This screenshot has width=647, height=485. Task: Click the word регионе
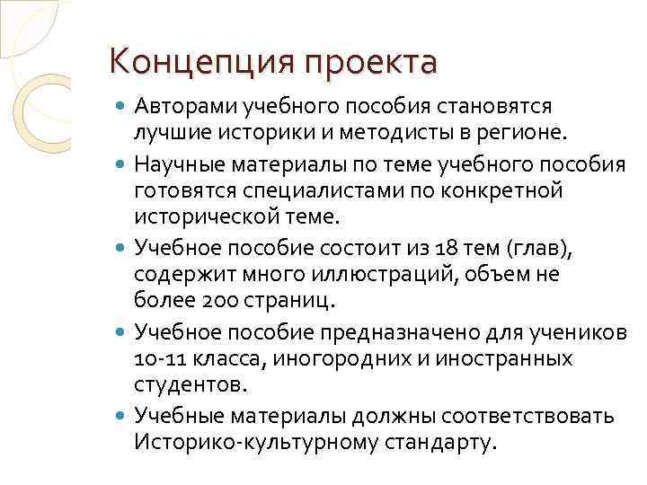coord(522,134)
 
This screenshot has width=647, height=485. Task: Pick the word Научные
coord(179,163)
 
